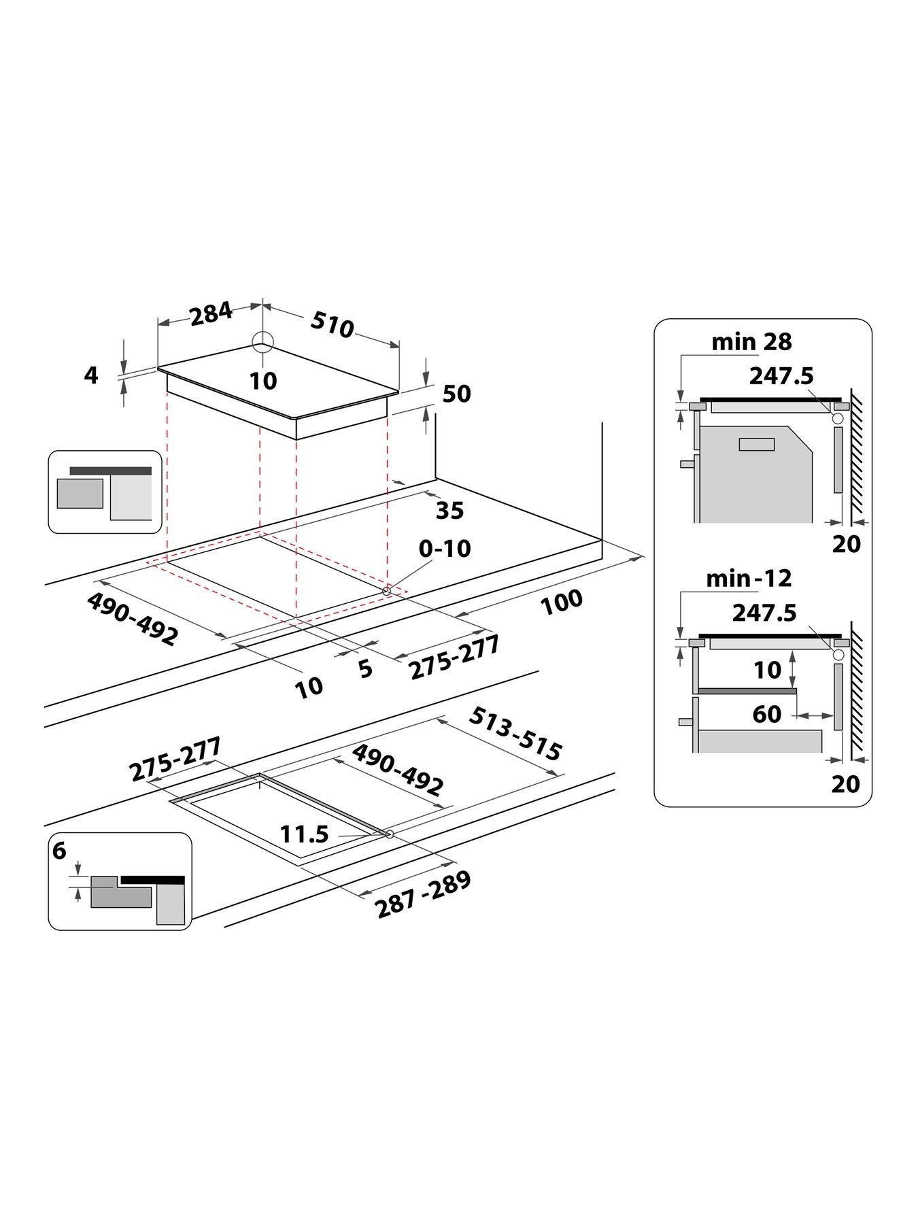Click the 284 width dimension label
coord(211,314)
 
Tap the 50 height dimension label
coord(456,394)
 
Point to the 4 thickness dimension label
coord(91,375)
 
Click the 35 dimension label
coord(449,510)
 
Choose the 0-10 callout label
coord(445,548)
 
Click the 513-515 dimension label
coord(515,734)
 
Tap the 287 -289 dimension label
coord(423,895)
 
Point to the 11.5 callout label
coord(305,834)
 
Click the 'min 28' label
coord(751,341)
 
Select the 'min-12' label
coord(749,579)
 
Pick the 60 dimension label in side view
coord(767,714)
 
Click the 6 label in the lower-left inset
coord(61,851)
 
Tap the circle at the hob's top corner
coord(262,343)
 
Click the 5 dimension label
coord(366,669)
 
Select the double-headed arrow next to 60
coord(815,715)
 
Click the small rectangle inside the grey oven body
coord(756,444)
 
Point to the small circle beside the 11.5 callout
coord(390,834)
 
